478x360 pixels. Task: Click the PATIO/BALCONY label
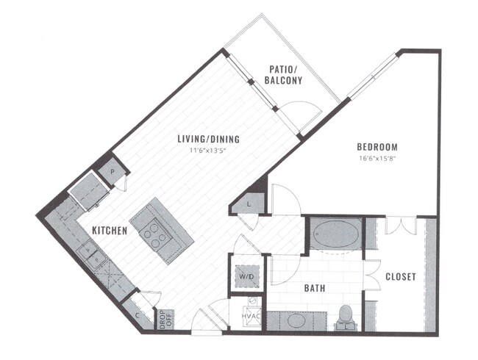(x=283, y=74)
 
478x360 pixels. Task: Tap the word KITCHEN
(x=110, y=231)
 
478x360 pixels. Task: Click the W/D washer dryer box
(x=244, y=277)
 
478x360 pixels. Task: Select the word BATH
(x=315, y=289)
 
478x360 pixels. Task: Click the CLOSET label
(x=400, y=277)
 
